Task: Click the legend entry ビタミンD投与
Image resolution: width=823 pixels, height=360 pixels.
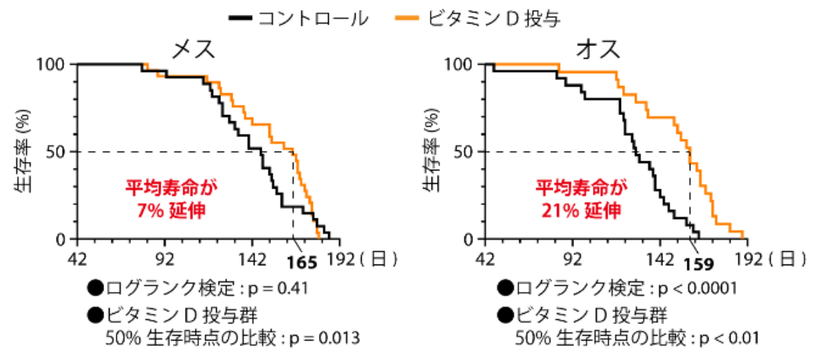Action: pos(493,16)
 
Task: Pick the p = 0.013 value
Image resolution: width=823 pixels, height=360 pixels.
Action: pos(324,338)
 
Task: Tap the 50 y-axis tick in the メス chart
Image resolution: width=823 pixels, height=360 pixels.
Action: pos(60,151)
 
